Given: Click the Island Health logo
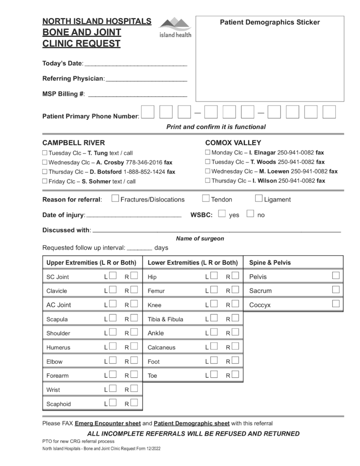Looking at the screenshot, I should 175,27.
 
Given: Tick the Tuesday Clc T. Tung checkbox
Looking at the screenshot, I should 45,153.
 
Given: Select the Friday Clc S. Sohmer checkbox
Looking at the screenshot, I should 45,181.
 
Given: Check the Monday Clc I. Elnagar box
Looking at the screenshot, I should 208,152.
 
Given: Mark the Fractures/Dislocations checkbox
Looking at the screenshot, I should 115,198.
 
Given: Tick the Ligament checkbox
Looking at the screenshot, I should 259,198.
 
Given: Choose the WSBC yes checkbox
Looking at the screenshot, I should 222,213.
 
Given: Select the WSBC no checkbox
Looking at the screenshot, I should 250,213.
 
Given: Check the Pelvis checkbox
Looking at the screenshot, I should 336,275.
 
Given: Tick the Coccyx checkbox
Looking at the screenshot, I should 336,304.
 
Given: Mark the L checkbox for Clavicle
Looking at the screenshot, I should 113,289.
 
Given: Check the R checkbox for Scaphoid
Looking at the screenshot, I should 134,402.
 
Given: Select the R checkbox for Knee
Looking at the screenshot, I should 235,304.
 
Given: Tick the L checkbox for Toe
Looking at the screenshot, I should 214,375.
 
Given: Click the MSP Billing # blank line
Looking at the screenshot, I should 137,95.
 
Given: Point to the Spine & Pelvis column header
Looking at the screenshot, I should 270,263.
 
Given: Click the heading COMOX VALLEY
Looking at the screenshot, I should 233,142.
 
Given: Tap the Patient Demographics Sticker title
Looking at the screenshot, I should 270,22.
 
